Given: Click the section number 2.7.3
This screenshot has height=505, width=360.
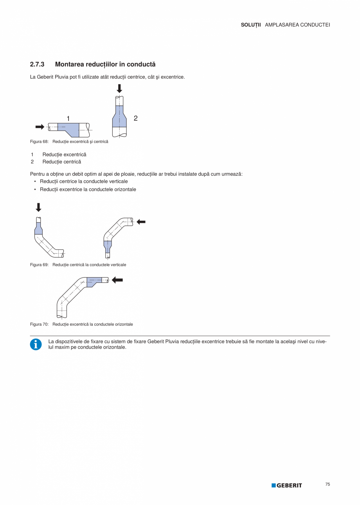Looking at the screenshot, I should coord(37,64).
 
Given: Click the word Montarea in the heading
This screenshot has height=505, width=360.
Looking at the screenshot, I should coord(68,64).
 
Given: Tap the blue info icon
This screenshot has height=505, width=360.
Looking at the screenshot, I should coord(36,344).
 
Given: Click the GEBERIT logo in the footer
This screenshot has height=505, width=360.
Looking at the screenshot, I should coord(287,485).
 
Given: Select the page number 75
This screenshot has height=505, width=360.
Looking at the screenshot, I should coord(328,484).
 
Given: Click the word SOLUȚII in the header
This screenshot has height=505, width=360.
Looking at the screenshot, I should coord(251,25).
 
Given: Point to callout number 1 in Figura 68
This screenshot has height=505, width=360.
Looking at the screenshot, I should coord(68,118).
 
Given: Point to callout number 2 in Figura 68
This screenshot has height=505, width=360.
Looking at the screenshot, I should coord(135,118).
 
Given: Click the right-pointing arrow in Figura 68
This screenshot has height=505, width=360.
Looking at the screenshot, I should coord(40,126).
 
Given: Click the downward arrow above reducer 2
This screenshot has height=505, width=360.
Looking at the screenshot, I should coord(119,89).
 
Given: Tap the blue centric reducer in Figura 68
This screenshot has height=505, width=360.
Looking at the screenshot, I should coord(119,117).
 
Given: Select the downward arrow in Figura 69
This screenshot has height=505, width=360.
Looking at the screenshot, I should coord(38,207).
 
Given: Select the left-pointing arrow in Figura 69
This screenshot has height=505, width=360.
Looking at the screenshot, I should coord(141,222).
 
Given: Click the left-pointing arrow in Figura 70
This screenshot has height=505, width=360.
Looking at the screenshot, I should coord(117,280).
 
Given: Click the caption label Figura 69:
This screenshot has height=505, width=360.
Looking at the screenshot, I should coord(39,265).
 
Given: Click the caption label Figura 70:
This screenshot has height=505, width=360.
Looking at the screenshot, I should coord(39,325).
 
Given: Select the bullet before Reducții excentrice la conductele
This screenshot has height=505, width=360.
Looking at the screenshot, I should coord(35,189).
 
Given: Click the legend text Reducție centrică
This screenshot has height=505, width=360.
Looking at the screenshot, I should coord(61,162).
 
